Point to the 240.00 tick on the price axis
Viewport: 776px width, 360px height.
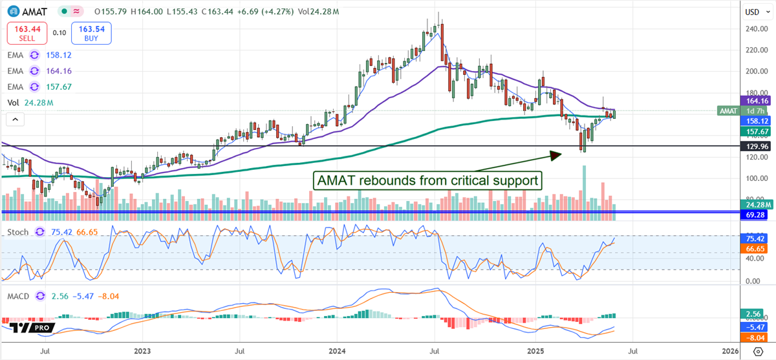tap(751, 29)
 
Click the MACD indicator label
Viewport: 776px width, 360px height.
tap(18, 297)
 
